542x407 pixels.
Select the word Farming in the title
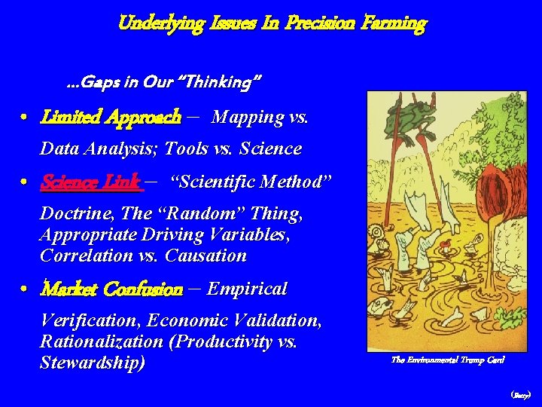tap(392, 23)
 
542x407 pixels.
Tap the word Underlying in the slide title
tap(160, 23)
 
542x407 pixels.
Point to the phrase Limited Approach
tap(111, 117)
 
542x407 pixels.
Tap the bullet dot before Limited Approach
tap(25, 118)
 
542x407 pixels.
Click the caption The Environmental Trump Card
tap(447, 360)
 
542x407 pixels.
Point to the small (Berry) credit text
tap(520, 394)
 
